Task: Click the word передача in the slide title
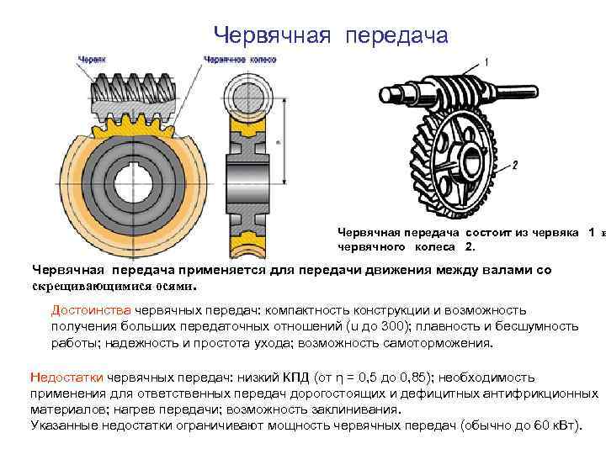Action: point(395,34)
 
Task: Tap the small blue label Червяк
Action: point(92,60)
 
